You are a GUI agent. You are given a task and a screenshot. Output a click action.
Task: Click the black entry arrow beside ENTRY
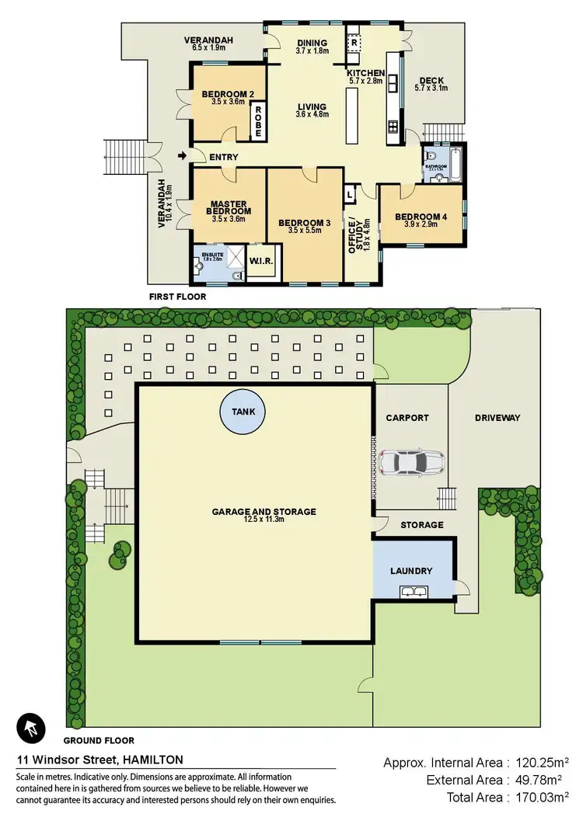pos(183,156)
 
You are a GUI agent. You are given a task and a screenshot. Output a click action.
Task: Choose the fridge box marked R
pos(351,43)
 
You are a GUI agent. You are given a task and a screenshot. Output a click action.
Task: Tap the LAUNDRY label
pos(411,571)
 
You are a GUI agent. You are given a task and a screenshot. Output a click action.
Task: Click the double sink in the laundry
pos(412,593)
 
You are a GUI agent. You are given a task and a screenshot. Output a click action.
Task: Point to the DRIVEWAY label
pos(497,418)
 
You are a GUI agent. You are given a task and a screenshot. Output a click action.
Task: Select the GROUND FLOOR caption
pos(99,740)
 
